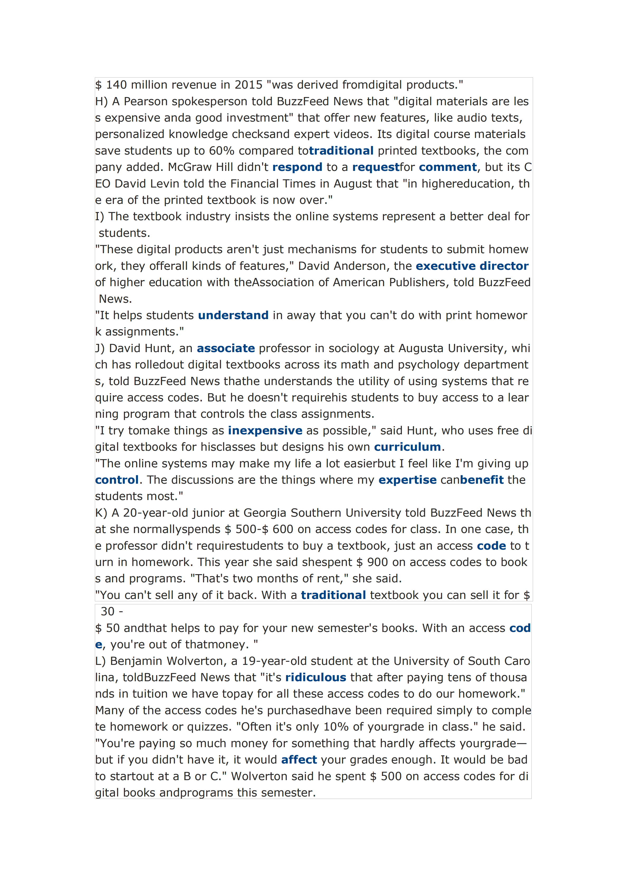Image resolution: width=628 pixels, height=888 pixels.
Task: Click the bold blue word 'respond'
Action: tap(297, 167)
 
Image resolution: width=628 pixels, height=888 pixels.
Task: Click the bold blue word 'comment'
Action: tap(447, 167)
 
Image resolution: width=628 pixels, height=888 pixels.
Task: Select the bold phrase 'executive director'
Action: tap(472, 266)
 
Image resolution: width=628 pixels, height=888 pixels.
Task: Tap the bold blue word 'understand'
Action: tap(233, 315)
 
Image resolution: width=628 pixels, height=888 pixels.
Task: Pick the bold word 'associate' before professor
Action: tap(226, 348)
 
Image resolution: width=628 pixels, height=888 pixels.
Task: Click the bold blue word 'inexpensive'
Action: tap(265, 430)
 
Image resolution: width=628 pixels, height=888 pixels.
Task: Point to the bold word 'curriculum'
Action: tap(407, 447)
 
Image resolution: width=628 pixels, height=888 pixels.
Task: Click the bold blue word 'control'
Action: tap(117, 480)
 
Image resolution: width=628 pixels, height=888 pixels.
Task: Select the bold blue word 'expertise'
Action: tap(407, 480)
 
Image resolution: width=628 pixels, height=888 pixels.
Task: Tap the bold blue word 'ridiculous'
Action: tap(315, 678)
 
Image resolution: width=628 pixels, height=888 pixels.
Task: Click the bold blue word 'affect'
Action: tap(299, 760)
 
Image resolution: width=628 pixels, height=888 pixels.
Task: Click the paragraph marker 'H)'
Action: tap(101, 101)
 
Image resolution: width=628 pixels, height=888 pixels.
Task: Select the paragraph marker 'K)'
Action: tap(101, 513)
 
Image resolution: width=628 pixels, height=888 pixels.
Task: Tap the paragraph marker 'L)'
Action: tap(100, 661)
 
